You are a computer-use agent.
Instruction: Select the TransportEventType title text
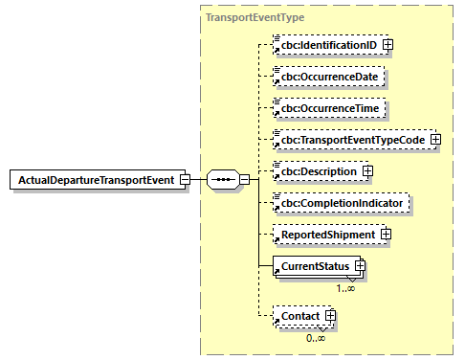pos(252,17)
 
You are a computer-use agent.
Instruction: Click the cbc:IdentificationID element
pos(326,45)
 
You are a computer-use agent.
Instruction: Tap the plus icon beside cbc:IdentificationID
pos(388,45)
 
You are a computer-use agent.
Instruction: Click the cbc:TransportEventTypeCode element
pos(350,140)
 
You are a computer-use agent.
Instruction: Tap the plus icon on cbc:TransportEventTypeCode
pos(435,140)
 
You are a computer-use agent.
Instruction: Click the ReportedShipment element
pos(325,234)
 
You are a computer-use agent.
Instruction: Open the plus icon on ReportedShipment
pos(386,234)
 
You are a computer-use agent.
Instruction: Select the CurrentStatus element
pos(313,266)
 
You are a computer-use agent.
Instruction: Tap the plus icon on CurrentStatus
pos(361,265)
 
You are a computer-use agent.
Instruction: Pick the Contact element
pos(299,315)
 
